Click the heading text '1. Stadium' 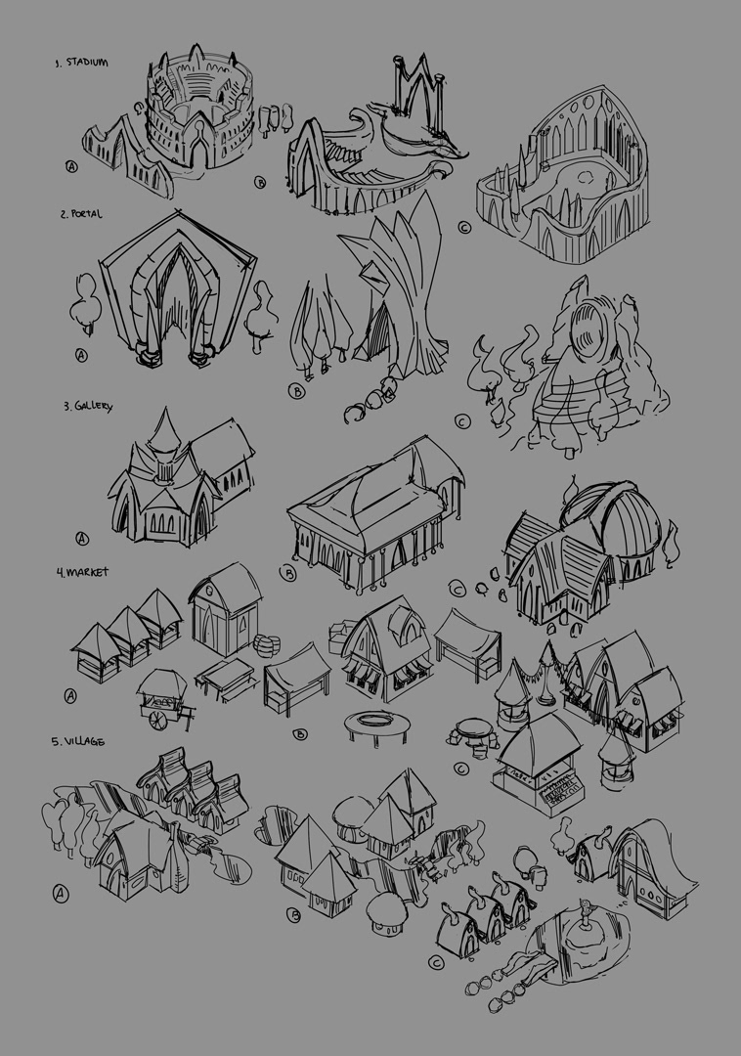point(81,63)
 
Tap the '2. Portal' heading point(81,214)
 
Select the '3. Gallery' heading point(88,407)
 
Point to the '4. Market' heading point(82,572)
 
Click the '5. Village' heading point(78,741)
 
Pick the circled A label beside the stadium point(71,166)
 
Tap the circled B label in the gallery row point(287,574)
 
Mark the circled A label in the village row point(61,894)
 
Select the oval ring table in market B point(377,723)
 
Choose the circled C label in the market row point(461,769)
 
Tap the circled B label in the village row point(293,915)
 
